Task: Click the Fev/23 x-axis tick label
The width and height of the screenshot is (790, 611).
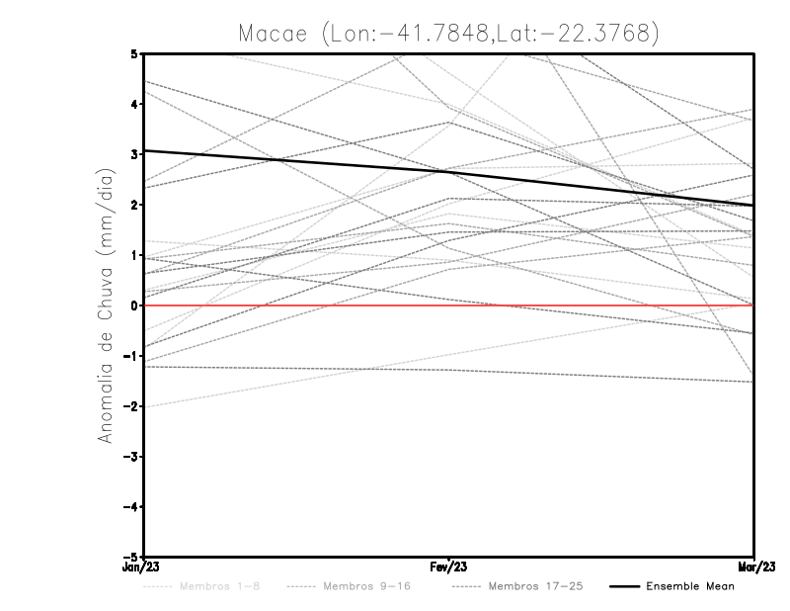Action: click(x=449, y=567)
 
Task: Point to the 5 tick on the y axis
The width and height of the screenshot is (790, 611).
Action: click(x=133, y=53)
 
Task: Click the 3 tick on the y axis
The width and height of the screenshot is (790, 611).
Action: click(x=133, y=154)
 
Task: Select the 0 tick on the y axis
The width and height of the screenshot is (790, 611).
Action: click(x=133, y=305)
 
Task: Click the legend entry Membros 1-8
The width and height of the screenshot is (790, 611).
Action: click(x=224, y=587)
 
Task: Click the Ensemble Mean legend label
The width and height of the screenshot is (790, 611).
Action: click(x=690, y=587)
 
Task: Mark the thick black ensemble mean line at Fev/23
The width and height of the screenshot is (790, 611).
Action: click(x=449, y=172)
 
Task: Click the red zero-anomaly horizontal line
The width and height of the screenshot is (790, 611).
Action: click(x=296, y=305)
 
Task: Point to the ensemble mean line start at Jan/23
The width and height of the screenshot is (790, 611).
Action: click(x=146, y=150)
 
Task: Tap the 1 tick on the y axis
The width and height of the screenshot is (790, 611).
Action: click(x=133, y=255)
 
